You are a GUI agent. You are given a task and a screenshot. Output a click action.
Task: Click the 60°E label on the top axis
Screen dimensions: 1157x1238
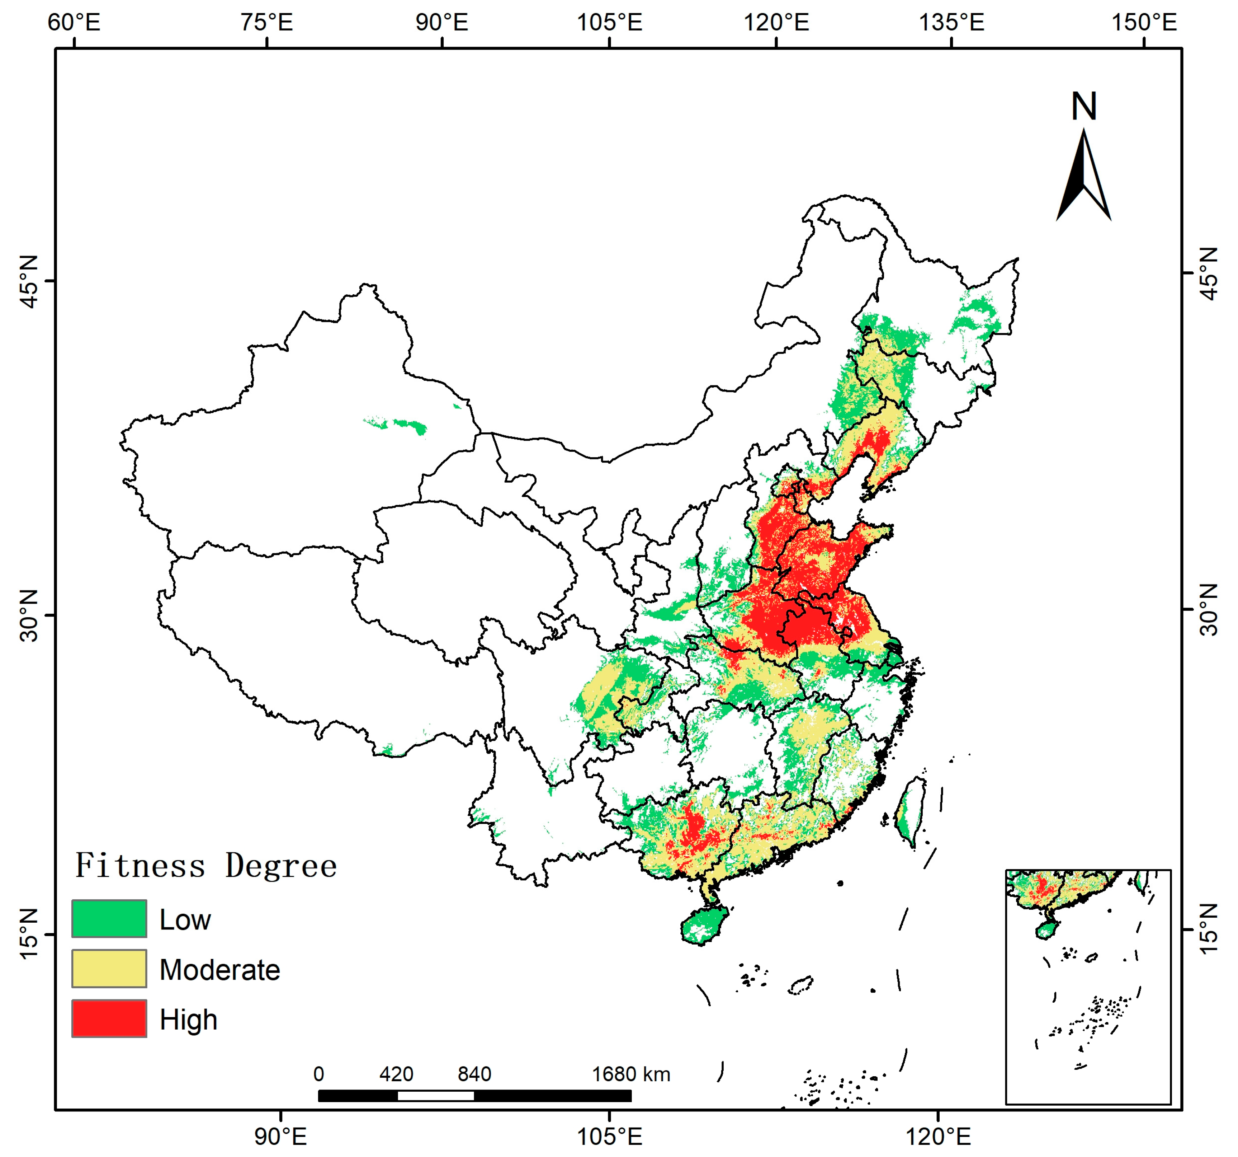coord(74,23)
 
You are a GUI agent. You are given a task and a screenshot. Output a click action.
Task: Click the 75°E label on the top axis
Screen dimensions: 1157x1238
coord(266,23)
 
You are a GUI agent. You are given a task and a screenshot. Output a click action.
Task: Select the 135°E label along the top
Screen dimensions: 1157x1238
coord(951,23)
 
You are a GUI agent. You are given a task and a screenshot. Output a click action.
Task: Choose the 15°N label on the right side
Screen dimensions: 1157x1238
coord(1209,928)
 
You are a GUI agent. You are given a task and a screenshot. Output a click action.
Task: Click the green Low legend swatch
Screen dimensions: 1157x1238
coord(109,918)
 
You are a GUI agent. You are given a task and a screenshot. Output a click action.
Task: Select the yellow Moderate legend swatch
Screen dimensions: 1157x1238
coord(109,968)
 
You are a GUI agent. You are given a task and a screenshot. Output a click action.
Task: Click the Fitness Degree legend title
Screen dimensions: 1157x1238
coord(205,865)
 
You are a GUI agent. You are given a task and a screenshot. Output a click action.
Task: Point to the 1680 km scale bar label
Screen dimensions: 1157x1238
coord(630,1074)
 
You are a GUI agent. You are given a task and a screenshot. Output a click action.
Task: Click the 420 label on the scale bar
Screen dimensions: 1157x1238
coord(396,1074)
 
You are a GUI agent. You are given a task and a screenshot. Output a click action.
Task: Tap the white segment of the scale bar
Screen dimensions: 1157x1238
coord(435,1095)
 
